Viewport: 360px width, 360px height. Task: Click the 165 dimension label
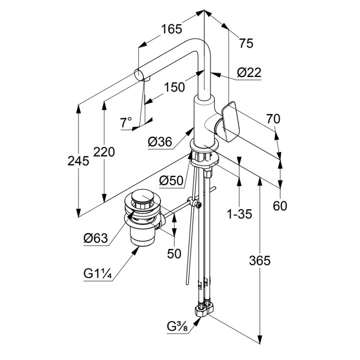171,29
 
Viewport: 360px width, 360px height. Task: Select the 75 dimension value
246,43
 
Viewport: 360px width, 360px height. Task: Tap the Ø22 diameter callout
249,73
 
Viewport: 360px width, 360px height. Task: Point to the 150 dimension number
174,87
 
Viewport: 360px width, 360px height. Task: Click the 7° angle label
126,122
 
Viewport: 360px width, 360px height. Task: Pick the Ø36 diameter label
160,142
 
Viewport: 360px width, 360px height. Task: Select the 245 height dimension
78,161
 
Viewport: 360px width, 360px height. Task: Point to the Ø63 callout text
95,239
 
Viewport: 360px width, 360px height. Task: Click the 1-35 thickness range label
239,214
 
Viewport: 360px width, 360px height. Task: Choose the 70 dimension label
273,119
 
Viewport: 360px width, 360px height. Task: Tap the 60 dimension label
280,206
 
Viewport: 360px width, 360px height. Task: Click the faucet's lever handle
230,121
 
